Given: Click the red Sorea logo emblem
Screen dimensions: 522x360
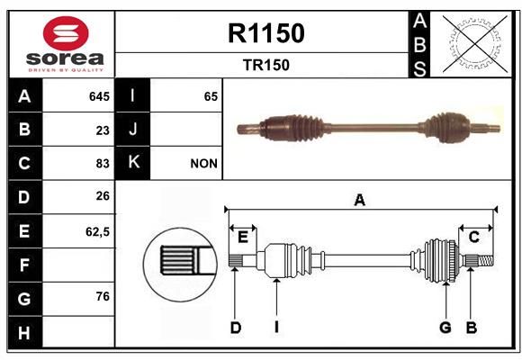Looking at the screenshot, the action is pyautogui.click(x=66, y=33).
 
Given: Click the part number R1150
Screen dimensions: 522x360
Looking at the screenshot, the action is pyautogui.click(x=266, y=33).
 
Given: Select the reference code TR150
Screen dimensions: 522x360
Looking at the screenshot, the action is pyautogui.click(x=266, y=66).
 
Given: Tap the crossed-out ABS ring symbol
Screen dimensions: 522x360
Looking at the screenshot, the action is pyautogui.click(x=475, y=44).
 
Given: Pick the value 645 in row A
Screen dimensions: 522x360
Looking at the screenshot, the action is pyautogui.click(x=99, y=96).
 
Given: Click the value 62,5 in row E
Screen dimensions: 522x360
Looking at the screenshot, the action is pyautogui.click(x=97, y=232).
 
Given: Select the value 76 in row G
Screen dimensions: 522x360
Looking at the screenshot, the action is pyautogui.click(x=103, y=296).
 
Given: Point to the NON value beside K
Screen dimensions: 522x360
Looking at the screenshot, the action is pyautogui.click(x=203, y=164).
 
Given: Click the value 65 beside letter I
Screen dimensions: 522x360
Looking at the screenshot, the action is pyautogui.click(x=211, y=96).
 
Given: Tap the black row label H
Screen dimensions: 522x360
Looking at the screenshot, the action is pyautogui.click(x=25, y=333).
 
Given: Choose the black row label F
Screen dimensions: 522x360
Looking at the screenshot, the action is pyautogui.click(x=25, y=265).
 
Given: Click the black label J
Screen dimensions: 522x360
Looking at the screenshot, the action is pyautogui.click(x=132, y=130).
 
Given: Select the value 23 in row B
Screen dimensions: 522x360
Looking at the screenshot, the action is pyautogui.click(x=103, y=130).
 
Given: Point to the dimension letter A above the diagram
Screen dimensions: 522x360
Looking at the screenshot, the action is pyautogui.click(x=360, y=201).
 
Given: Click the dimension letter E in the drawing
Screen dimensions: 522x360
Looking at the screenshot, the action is pyautogui.click(x=243, y=238).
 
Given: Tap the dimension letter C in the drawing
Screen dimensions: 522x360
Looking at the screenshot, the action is pyautogui.click(x=473, y=237).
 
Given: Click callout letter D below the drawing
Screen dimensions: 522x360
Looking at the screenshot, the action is pyautogui.click(x=236, y=328).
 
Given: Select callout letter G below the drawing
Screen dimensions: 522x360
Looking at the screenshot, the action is pyautogui.click(x=445, y=328).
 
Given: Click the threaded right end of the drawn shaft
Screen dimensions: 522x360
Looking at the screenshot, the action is pyautogui.click(x=486, y=260).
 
